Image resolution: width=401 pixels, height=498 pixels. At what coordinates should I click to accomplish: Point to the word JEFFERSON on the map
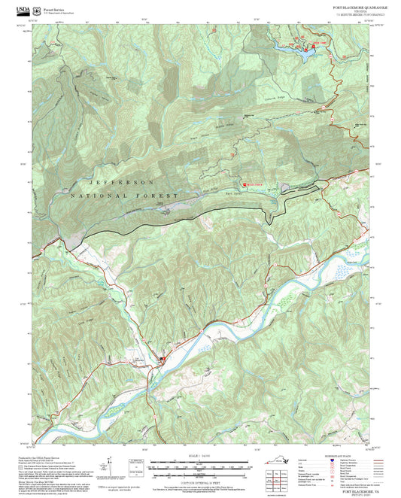pos(121,183)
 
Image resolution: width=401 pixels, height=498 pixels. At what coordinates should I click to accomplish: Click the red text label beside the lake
pos(321,44)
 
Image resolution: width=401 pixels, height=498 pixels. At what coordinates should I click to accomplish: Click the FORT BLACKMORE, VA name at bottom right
pos(351,489)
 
